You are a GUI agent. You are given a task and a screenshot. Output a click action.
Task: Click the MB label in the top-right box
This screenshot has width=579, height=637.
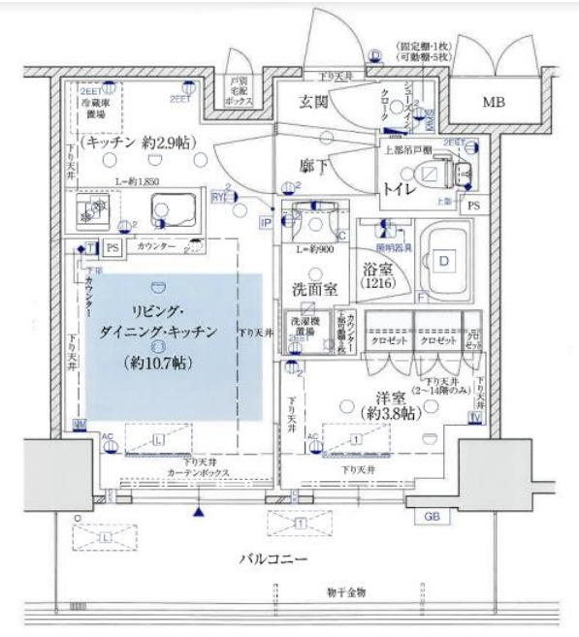click(497, 101)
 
